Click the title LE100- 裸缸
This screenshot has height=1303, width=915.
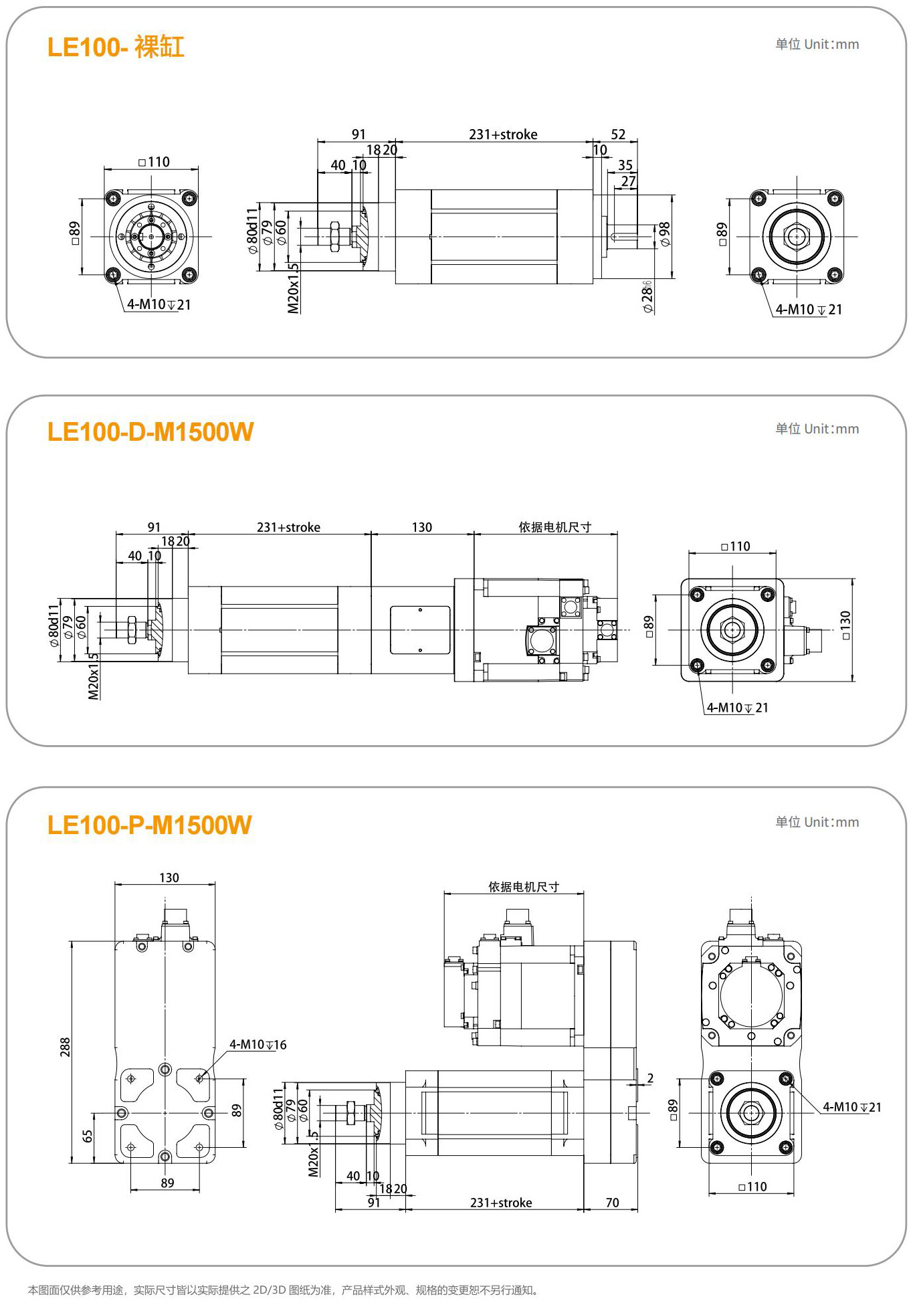[116, 47]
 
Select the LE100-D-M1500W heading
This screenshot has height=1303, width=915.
[150, 432]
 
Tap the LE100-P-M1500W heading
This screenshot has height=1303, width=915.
[149, 825]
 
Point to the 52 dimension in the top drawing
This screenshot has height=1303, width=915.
[618, 134]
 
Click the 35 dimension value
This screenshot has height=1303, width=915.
[625, 165]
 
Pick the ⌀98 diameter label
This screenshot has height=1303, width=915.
[664, 234]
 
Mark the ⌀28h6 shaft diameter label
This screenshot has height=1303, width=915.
[647, 296]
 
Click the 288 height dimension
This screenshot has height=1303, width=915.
[65, 1047]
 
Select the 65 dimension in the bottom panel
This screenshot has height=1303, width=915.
[87, 1136]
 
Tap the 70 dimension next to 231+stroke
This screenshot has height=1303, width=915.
[612, 1203]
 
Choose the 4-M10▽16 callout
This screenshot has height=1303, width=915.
[258, 1045]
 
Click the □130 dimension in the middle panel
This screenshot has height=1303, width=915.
[845, 625]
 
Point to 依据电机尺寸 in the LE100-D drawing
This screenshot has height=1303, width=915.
[555, 527]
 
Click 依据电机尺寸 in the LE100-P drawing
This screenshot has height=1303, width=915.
[523, 887]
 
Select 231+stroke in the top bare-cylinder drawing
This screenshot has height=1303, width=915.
[503, 134]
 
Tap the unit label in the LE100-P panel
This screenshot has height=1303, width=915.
[817, 822]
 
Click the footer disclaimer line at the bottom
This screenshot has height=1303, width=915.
[284, 1290]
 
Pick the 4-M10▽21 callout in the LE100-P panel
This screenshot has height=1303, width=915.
[851, 1107]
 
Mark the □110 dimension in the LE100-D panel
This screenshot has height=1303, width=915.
[736, 546]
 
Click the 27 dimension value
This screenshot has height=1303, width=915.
[628, 181]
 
